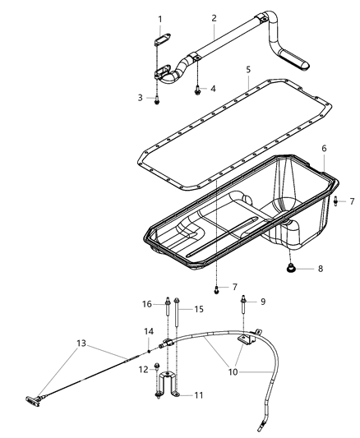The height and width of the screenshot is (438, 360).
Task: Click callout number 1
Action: click(x=160, y=19)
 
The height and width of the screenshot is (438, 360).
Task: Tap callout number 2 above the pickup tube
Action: click(x=214, y=18)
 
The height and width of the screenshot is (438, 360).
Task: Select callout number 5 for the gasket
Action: click(x=247, y=70)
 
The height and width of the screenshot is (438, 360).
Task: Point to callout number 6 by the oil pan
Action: click(x=324, y=149)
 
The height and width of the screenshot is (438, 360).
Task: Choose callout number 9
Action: click(x=264, y=302)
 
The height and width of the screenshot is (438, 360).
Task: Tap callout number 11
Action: click(x=198, y=395)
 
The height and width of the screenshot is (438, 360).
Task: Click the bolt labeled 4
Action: click(x=197, y=89)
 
